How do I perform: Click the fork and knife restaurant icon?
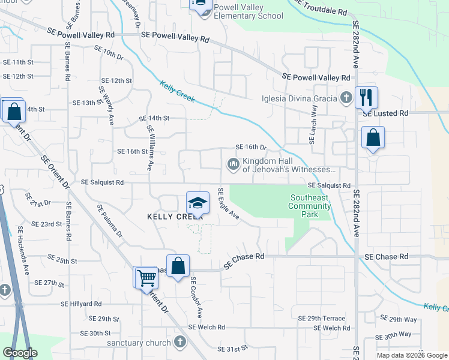point(365,97)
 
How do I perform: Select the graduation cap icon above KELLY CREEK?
point(197,203)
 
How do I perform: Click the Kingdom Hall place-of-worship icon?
point(232,164)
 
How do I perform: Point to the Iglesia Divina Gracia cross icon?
point(346,98)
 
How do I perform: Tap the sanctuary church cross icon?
point(179,342)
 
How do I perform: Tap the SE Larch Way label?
point(312,125)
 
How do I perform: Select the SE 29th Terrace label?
point(322,319)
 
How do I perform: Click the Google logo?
point(20,353)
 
